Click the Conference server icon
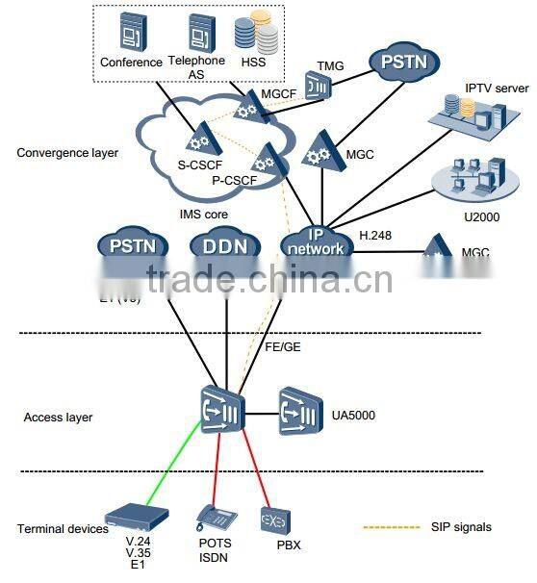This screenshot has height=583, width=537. [x=131, y=36]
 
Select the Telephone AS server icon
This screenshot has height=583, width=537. [x=198, y=33]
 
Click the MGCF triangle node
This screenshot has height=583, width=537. [x=248, y=110]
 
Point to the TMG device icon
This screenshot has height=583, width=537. [x=318, y=84]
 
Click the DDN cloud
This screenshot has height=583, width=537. [x=224, y=247]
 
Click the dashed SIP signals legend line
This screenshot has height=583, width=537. [x=393, y=527]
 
